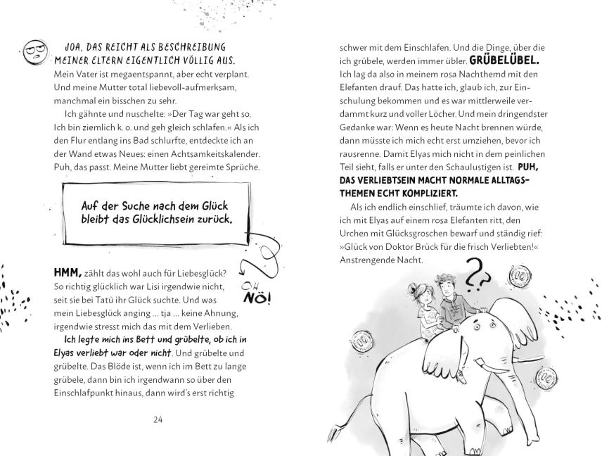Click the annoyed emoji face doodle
pos(34,52)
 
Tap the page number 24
pos(158,419)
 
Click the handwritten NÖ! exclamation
pos(257,298)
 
